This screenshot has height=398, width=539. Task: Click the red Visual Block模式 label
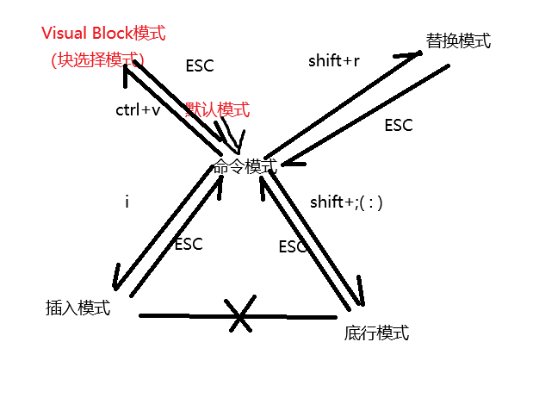point(102,34)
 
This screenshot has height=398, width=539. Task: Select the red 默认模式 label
point(218,110)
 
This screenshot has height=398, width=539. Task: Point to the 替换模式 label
point(457,40)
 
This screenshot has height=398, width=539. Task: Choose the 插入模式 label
point(77,308)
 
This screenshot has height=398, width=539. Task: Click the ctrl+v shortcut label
point(138,111)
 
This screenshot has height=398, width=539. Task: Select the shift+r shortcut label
point(333,60)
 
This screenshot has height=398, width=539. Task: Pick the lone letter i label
point(127,202)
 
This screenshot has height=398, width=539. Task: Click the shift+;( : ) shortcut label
point(345,202)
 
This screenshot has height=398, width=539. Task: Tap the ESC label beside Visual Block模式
point(200,65)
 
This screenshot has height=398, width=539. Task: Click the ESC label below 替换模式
point(399,125)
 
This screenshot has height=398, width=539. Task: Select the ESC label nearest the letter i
point(188,244)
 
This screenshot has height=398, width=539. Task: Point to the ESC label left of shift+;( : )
point(293,246)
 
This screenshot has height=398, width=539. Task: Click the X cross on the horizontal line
point(240,315)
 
